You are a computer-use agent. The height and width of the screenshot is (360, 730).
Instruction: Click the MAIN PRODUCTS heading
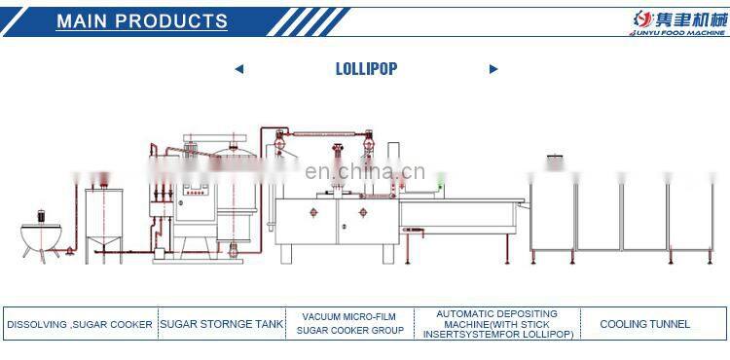click(142, 20)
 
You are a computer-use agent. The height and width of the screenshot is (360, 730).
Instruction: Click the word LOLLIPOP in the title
click(366, 68)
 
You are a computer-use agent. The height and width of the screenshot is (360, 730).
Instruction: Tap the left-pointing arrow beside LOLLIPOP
click(239, 69)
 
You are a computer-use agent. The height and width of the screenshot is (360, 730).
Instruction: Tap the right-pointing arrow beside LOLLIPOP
click(493, 69)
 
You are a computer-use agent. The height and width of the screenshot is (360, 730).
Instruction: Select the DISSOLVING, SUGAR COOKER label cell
click(80, 324)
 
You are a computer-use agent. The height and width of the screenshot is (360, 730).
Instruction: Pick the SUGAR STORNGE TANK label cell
click(222, 324)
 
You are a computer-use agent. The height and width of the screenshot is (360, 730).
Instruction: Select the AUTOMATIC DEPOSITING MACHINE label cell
click(496, 324)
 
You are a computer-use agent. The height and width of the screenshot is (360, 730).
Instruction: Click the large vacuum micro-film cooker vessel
click(231, 199)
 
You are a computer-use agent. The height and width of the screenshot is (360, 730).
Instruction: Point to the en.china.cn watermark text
click(365, 172)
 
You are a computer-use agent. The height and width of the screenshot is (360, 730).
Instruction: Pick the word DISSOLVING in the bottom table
click(35, 324)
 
